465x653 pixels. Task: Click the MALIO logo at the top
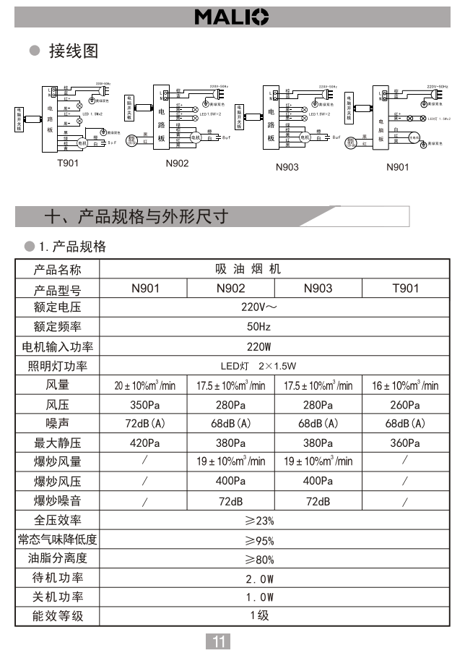[x=232, y=17]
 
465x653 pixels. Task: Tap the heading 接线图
[x=72, y=51]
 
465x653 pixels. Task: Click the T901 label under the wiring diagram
[x=68, y=163]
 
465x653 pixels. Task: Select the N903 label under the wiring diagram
[x=286, y=167]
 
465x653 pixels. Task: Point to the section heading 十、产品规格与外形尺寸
[x=136, y=215]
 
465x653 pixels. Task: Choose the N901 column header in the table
[x=145, y=288]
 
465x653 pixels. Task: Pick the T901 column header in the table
[x=405, y=288]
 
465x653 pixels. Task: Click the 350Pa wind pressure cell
[x=144, y=404]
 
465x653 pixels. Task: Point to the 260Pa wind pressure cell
[x=404, y=404]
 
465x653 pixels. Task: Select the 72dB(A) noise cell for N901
[x=144, y=423]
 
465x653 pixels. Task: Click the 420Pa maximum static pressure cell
[x=144, y=443]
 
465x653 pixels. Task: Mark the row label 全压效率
[x=58, y=520]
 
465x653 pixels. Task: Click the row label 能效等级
[x=58, y=616]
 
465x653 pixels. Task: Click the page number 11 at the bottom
[x=220, y=641]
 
